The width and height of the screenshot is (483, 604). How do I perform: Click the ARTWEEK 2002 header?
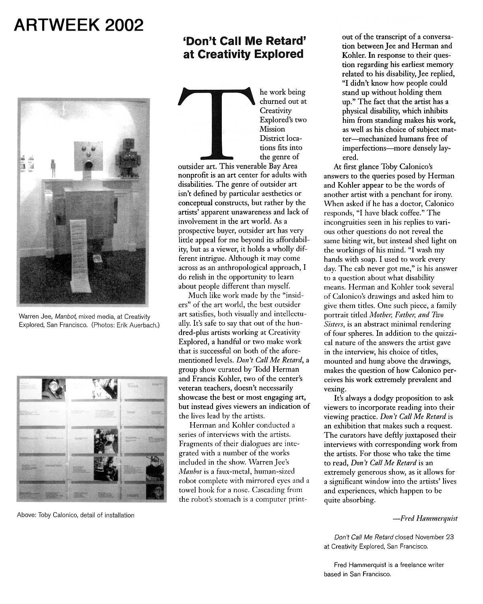(78, 25)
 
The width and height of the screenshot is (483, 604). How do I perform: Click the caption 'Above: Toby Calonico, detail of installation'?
(76, 515)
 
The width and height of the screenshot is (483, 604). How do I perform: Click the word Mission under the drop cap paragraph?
(272, 129)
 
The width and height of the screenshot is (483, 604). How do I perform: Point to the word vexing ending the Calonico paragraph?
(334, 389)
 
